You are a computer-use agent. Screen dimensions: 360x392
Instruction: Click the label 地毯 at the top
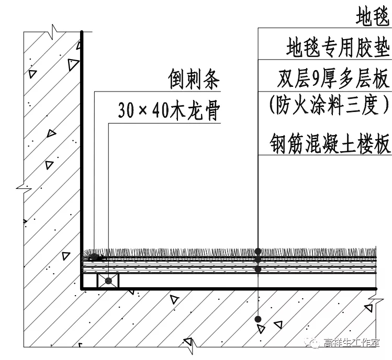[x=373, y=17]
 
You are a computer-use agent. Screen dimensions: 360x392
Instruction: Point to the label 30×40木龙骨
[x=167, y=111]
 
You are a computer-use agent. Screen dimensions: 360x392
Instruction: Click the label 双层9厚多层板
[x=333, y=80]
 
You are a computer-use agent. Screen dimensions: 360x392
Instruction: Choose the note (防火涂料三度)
[x=330, y=106]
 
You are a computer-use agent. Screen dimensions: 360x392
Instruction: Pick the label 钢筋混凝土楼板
[x=331, y=142]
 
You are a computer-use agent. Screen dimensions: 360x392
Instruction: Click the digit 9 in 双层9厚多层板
[x=315, y=80]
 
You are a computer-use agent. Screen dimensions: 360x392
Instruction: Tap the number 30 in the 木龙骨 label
[x=126, y=111]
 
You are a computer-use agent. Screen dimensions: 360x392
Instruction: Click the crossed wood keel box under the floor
[x=108, y=280]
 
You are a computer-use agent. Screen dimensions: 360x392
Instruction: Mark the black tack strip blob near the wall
[x=95, y=257]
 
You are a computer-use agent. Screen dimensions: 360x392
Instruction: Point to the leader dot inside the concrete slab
[x=257, y=318]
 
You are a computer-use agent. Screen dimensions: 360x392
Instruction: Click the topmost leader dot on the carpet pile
[x=257, y=251]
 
